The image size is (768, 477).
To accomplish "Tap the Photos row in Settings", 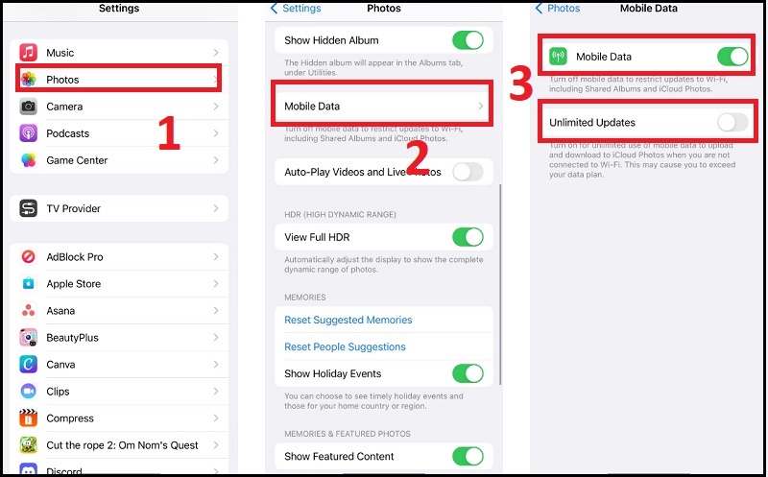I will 118,80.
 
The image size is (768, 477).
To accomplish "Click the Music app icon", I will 29,53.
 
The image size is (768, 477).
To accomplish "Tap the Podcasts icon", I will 29,133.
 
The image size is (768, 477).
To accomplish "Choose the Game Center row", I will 118,160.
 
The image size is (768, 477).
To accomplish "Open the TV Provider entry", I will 118,208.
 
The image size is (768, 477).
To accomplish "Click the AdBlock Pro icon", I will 29,257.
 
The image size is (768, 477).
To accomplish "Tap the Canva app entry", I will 118,365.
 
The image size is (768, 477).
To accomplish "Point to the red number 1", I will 169,133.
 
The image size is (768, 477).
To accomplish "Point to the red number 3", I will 520,84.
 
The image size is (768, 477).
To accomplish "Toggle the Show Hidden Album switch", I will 468,40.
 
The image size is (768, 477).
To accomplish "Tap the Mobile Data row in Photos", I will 384,106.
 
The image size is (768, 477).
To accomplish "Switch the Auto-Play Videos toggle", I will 468,172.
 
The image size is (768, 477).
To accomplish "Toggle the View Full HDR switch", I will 468,237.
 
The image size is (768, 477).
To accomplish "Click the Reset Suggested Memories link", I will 348,320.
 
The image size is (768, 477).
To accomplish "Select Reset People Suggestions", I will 345,346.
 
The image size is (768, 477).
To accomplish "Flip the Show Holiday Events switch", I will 468,373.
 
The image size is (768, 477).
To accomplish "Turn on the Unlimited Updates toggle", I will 732,122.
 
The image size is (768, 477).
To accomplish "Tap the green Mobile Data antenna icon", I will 559,57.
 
